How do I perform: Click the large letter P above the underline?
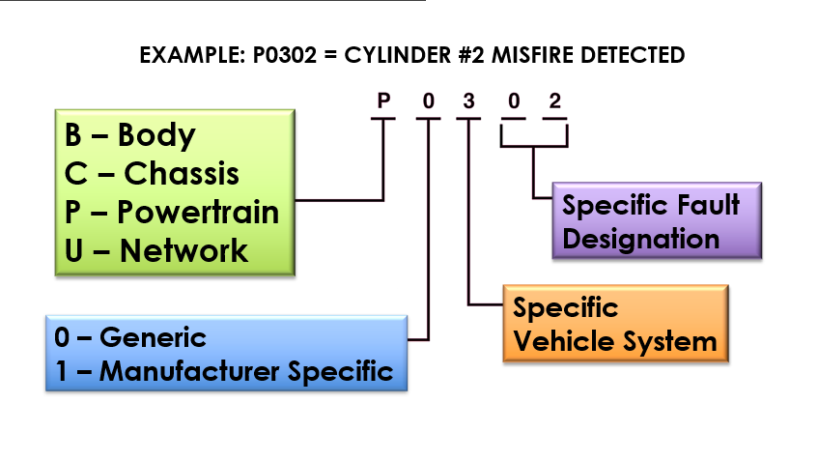[x=383, y=101]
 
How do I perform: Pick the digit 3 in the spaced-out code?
[x=468, y=101]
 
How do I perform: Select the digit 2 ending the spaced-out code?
[x=554, y=101]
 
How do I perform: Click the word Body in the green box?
[x=156, y=135]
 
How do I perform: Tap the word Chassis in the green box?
[x=182, y=174]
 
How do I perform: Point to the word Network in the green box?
[x=183, y=250]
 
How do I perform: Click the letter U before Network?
[x=74, y=250]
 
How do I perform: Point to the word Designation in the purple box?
[x=640, y=239]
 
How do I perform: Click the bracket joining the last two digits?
[x=533, y=146]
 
